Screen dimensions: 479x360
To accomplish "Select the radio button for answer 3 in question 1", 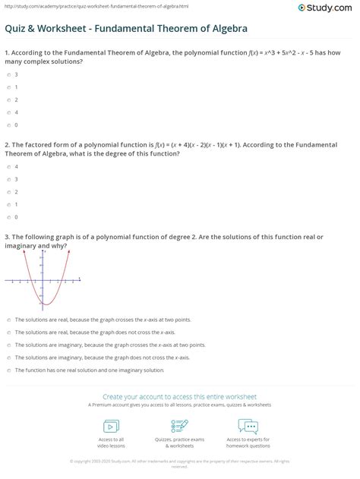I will point(7,75).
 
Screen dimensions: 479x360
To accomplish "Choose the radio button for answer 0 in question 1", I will point(7,124).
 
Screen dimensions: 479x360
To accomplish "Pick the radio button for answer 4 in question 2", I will point(7,167).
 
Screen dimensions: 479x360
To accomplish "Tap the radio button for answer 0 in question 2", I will point(7,216).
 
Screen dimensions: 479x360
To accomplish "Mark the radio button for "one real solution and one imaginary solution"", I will point(7,370).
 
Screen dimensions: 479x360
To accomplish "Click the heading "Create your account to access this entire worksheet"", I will point(179,396).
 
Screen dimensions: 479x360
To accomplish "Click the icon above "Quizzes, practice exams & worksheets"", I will point(179,424).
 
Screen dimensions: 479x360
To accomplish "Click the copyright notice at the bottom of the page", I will point(180,462).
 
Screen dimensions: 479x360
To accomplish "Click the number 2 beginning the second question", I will point(6,143).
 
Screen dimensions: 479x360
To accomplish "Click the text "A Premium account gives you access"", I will point(180,406).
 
